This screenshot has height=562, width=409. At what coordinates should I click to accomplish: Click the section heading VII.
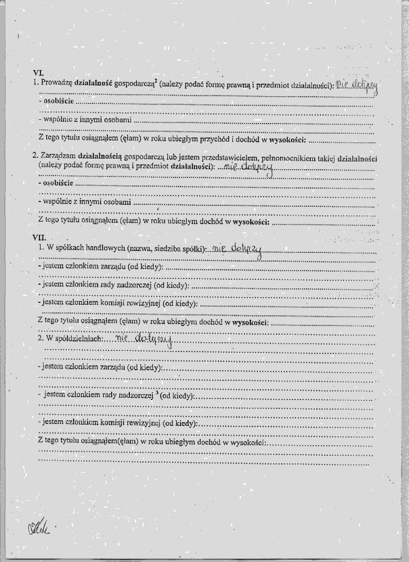point(39,237)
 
